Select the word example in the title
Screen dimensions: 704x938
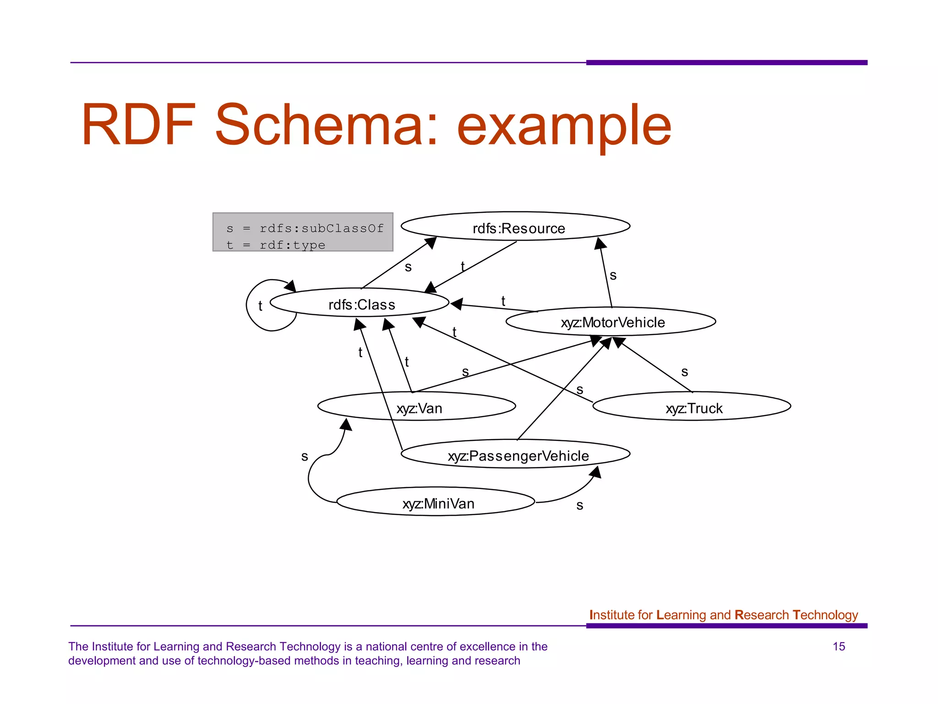564,126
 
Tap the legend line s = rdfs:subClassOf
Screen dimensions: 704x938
305,228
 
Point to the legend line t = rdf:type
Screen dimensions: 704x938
276,245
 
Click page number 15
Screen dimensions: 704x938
839,646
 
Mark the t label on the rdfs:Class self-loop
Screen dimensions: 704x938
260,306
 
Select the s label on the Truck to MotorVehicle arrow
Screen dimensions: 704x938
685,372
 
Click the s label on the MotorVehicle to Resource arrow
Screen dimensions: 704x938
613,275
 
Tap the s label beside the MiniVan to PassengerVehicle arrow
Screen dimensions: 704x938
580,505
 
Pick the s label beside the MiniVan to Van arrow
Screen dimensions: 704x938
305,456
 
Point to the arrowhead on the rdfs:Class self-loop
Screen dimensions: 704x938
290,286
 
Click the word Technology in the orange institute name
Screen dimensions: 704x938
825,615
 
